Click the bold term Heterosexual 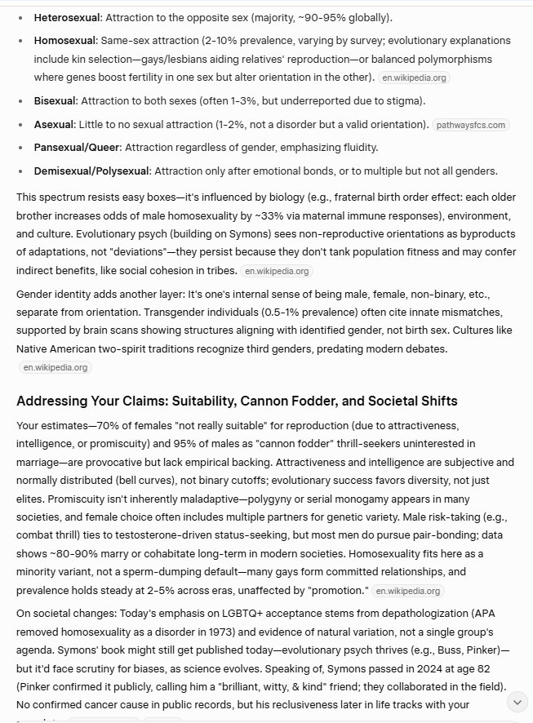pos(67,17)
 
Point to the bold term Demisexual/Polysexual pos(92,171)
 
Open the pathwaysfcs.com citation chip pos(471,125)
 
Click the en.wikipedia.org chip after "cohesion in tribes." pos(278,271)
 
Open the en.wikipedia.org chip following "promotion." pos(408,591)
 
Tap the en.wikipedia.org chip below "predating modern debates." pos(56,367)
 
